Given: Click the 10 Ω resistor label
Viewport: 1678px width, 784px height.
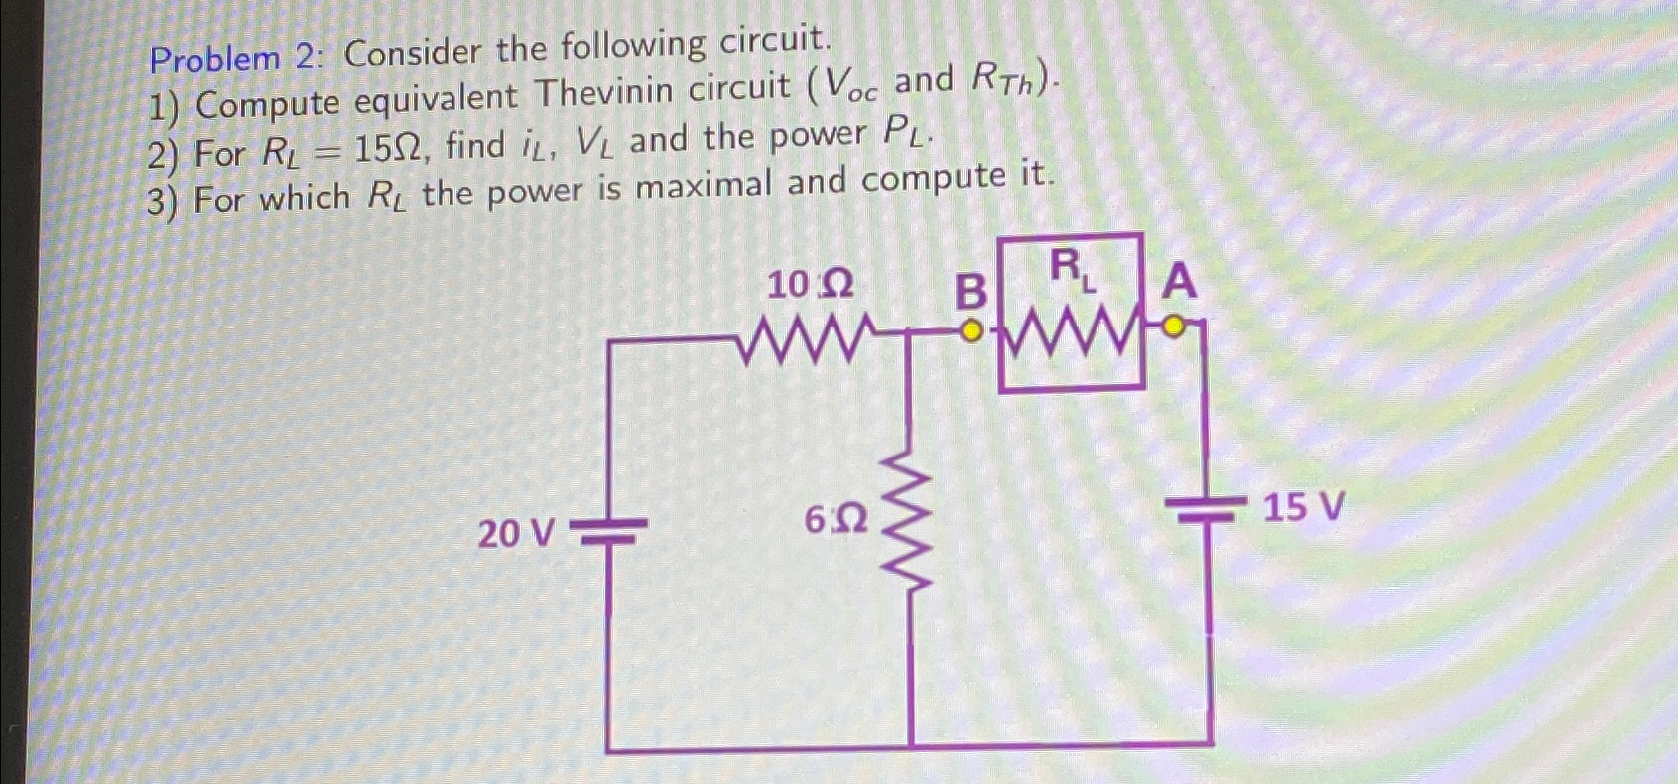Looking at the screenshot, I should coord(810,286).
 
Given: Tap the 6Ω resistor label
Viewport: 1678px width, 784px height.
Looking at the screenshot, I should coord(836,519).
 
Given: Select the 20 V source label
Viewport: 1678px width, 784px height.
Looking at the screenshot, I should coord(515,534).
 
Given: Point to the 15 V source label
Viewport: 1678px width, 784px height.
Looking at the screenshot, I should coord(1303,508).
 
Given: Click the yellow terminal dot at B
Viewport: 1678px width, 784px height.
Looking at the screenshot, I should coord(973,328).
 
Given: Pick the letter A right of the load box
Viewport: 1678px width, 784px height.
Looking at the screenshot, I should coord(1179,282).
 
